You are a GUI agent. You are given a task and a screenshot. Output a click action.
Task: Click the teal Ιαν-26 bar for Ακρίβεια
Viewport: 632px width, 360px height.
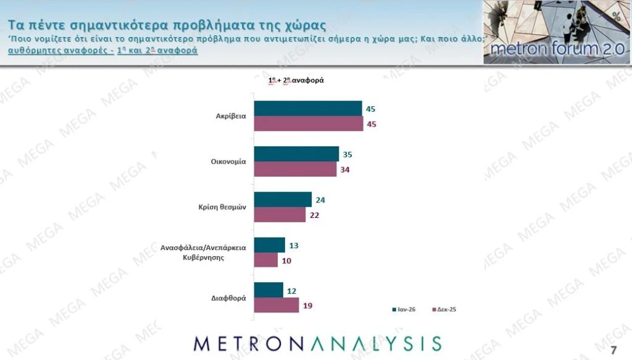(308, 108)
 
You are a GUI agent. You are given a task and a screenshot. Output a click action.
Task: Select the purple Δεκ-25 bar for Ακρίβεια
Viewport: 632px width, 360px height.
(309, 123)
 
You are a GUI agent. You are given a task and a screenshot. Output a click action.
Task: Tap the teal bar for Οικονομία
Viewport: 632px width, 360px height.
(296, 154)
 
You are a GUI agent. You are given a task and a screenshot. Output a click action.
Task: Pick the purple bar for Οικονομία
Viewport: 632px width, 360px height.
(295, 169)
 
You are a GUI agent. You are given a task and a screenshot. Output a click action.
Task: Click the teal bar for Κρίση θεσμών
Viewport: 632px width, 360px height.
(283, 199)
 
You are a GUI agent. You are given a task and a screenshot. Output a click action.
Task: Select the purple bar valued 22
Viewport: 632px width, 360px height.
(280, 215)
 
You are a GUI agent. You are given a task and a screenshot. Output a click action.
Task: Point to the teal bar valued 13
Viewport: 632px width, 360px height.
(270, 245)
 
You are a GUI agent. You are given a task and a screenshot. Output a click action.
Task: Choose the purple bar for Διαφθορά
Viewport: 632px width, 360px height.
(276, 305)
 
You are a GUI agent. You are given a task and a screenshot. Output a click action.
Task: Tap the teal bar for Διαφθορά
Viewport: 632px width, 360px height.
(268, 290)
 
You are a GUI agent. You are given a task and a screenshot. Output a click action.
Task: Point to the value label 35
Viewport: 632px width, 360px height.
(349, 154)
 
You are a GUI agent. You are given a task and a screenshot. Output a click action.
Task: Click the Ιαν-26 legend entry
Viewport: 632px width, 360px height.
(404, 309)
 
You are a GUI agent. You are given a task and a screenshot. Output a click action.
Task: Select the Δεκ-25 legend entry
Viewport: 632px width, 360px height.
(445, 309)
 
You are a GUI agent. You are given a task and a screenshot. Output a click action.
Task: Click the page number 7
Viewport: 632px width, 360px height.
(613, 334)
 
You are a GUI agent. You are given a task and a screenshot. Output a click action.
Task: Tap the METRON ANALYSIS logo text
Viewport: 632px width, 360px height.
(317, 344)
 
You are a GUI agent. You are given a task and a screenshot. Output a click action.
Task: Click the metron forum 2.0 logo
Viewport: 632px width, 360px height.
(556, 32)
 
